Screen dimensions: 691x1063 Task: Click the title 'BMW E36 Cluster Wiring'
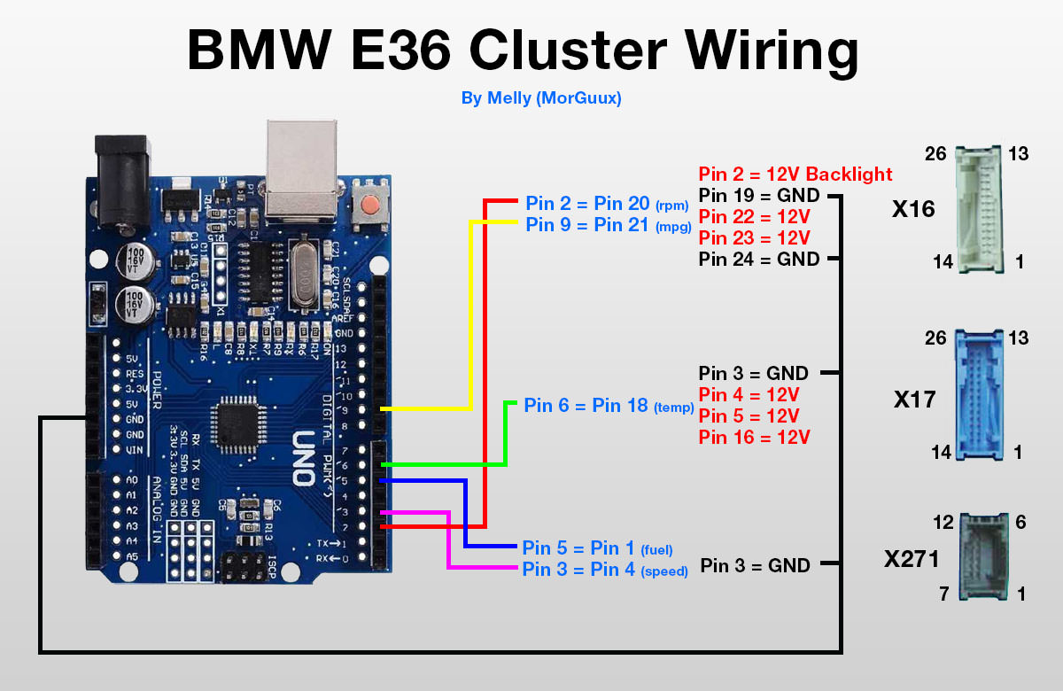coord(523,51)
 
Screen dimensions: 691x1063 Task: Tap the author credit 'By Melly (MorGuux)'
coord(541,98)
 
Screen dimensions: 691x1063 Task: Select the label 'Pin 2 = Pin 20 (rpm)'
coord(607,203)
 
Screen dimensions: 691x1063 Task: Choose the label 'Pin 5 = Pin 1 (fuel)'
coord(598,547)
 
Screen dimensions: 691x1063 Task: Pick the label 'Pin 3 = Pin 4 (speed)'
coord(605,570)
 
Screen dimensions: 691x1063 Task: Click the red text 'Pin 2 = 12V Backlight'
coord(795,174)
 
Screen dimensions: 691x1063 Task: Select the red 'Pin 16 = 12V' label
coord(754,437)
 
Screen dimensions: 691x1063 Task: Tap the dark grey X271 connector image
coord(983,558)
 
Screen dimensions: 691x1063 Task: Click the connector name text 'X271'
coord(912,559)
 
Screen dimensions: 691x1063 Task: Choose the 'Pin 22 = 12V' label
coord(754,217)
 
